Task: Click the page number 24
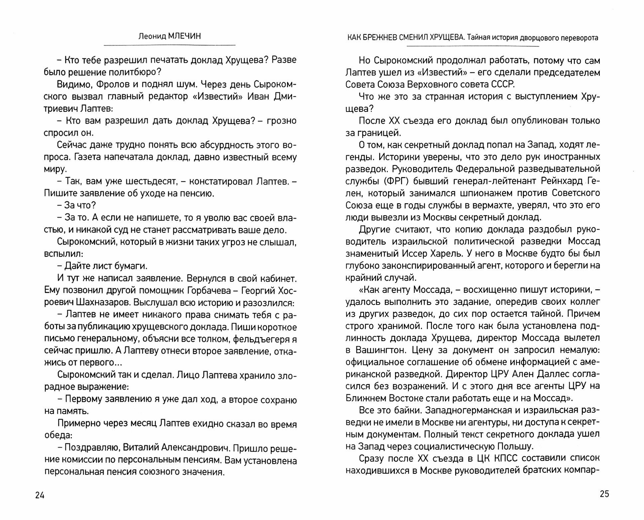point(40,495)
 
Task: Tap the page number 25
point(604,494)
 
